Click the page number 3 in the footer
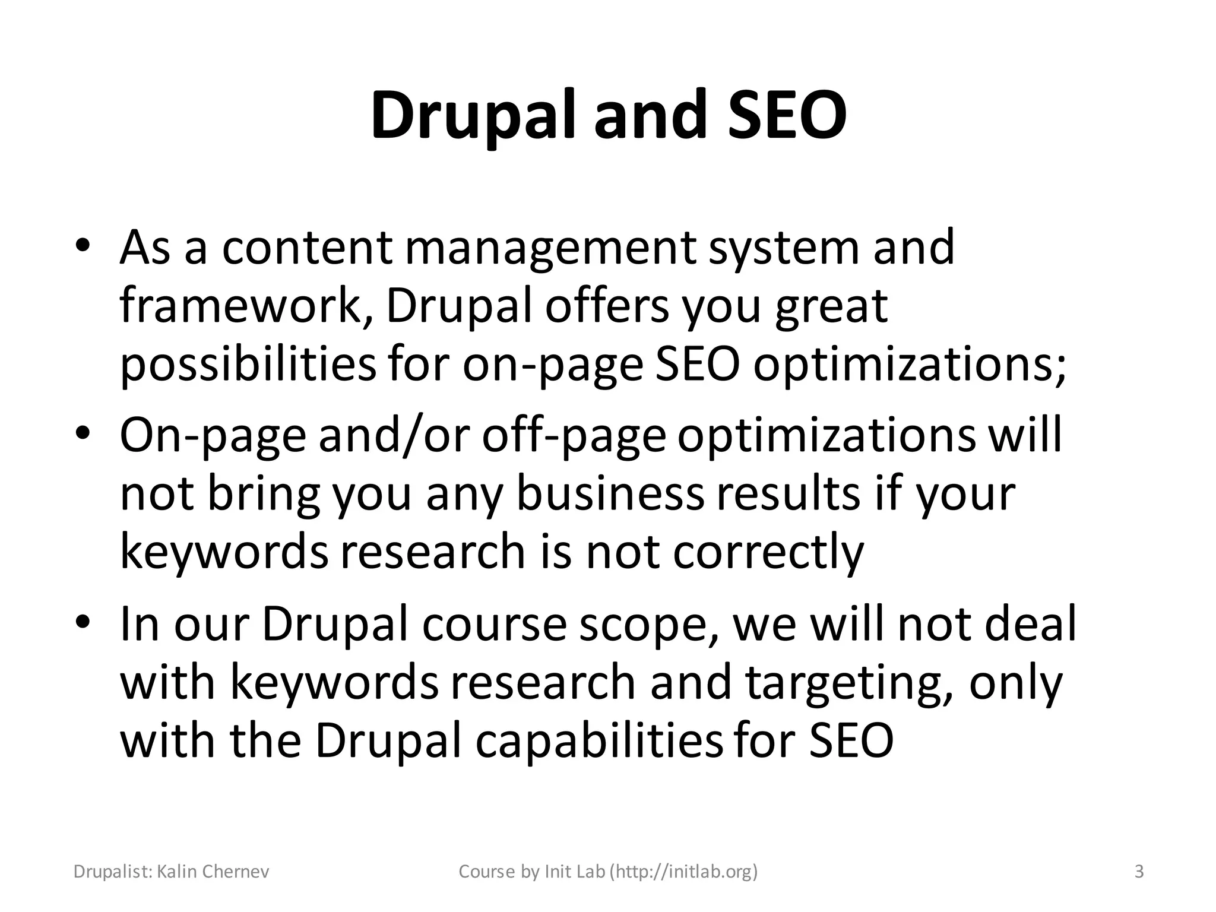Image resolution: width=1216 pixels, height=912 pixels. pyautogui.click(x=1139, y=872)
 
